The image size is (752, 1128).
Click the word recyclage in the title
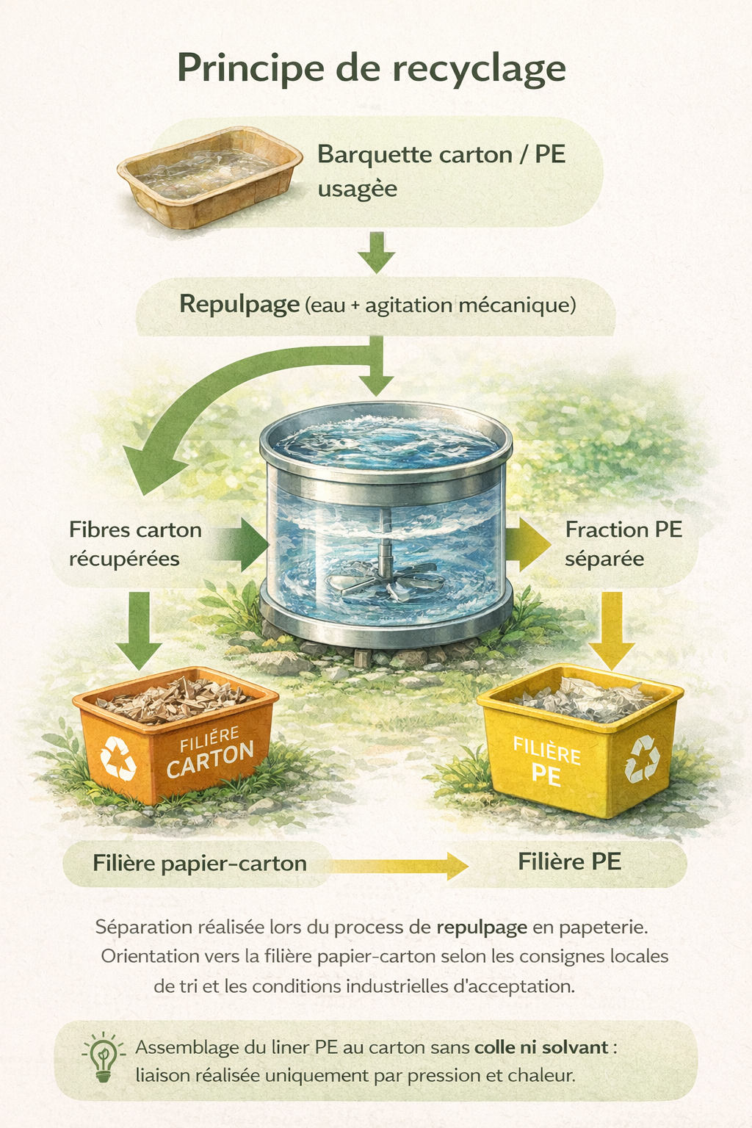tap(478, 69)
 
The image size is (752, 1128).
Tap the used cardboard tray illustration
tap(209, 176)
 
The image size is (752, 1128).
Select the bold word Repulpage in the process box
tap(239, 304)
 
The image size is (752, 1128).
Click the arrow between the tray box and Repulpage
tap(377, 252)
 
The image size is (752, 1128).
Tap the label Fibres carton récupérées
tap(135, 544)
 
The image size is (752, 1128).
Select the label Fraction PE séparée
tap(623, 544)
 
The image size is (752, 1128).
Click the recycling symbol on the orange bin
tap(117, 757)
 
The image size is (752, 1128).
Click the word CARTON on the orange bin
tap(210, 759)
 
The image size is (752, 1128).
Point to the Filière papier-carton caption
tap(199, 864)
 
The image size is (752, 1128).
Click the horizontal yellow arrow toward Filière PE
tap(397, 866)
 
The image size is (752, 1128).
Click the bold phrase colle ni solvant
tap(541, 1047)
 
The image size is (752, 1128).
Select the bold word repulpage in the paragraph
tap(482, 927)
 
